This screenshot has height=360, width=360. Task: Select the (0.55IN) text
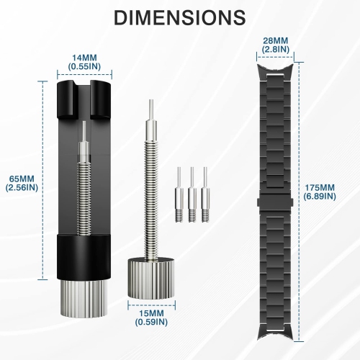(84, 66)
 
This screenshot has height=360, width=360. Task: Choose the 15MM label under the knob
(150, 313)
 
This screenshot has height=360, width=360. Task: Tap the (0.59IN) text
(150, 323)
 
